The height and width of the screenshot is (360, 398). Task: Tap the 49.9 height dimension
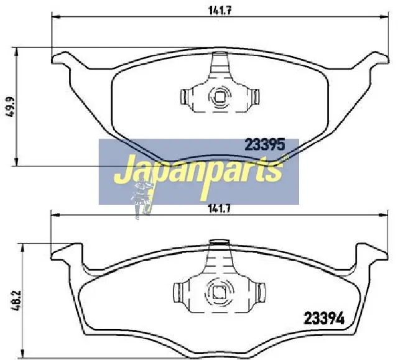pyautogui.click(x=11, y=107)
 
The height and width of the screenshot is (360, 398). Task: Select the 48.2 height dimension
pyautogui.click(x=17, y=301)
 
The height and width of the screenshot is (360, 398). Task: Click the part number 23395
pyautogui.click(x=265, y=145)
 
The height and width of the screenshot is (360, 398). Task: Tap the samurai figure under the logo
pyautogui.click(x=143, y=198)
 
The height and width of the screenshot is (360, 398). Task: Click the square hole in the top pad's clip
pyautogui.click(x=220, y=96)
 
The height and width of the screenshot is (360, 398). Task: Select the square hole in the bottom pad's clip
pyautogui.click(x=219, y=292)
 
